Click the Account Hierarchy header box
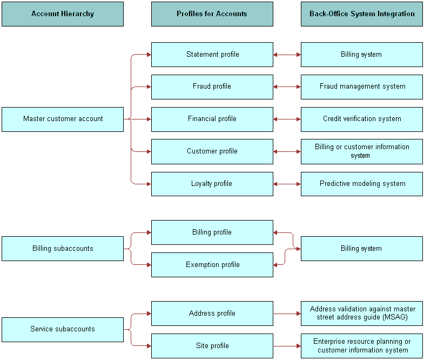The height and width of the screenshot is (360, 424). (63, 14)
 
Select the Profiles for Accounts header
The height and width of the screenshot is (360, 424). (212, 14)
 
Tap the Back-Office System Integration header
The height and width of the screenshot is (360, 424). (361, 14)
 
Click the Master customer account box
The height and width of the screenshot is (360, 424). (63, 119)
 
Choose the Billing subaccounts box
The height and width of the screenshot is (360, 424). (63, 249)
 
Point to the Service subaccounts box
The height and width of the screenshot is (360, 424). (63, 329)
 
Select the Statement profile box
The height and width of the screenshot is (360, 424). (212, 55)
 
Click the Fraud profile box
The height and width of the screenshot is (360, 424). (212, 86)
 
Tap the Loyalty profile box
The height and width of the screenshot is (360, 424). (212, 184)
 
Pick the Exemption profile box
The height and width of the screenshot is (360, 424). (212, 265)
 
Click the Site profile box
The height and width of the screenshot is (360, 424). (212, 346)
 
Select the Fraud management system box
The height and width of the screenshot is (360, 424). (361, 86)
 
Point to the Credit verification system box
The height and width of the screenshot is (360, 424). (361, 119)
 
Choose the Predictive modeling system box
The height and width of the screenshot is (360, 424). (361, 184)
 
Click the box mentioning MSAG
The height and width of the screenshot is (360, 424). (361, 314)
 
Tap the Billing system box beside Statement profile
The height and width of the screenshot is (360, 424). (361, 55)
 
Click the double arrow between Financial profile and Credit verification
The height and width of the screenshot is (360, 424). (287, 119)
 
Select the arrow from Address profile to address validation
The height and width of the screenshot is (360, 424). (287, 314)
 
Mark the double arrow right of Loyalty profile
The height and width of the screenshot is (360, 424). (287, 184)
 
